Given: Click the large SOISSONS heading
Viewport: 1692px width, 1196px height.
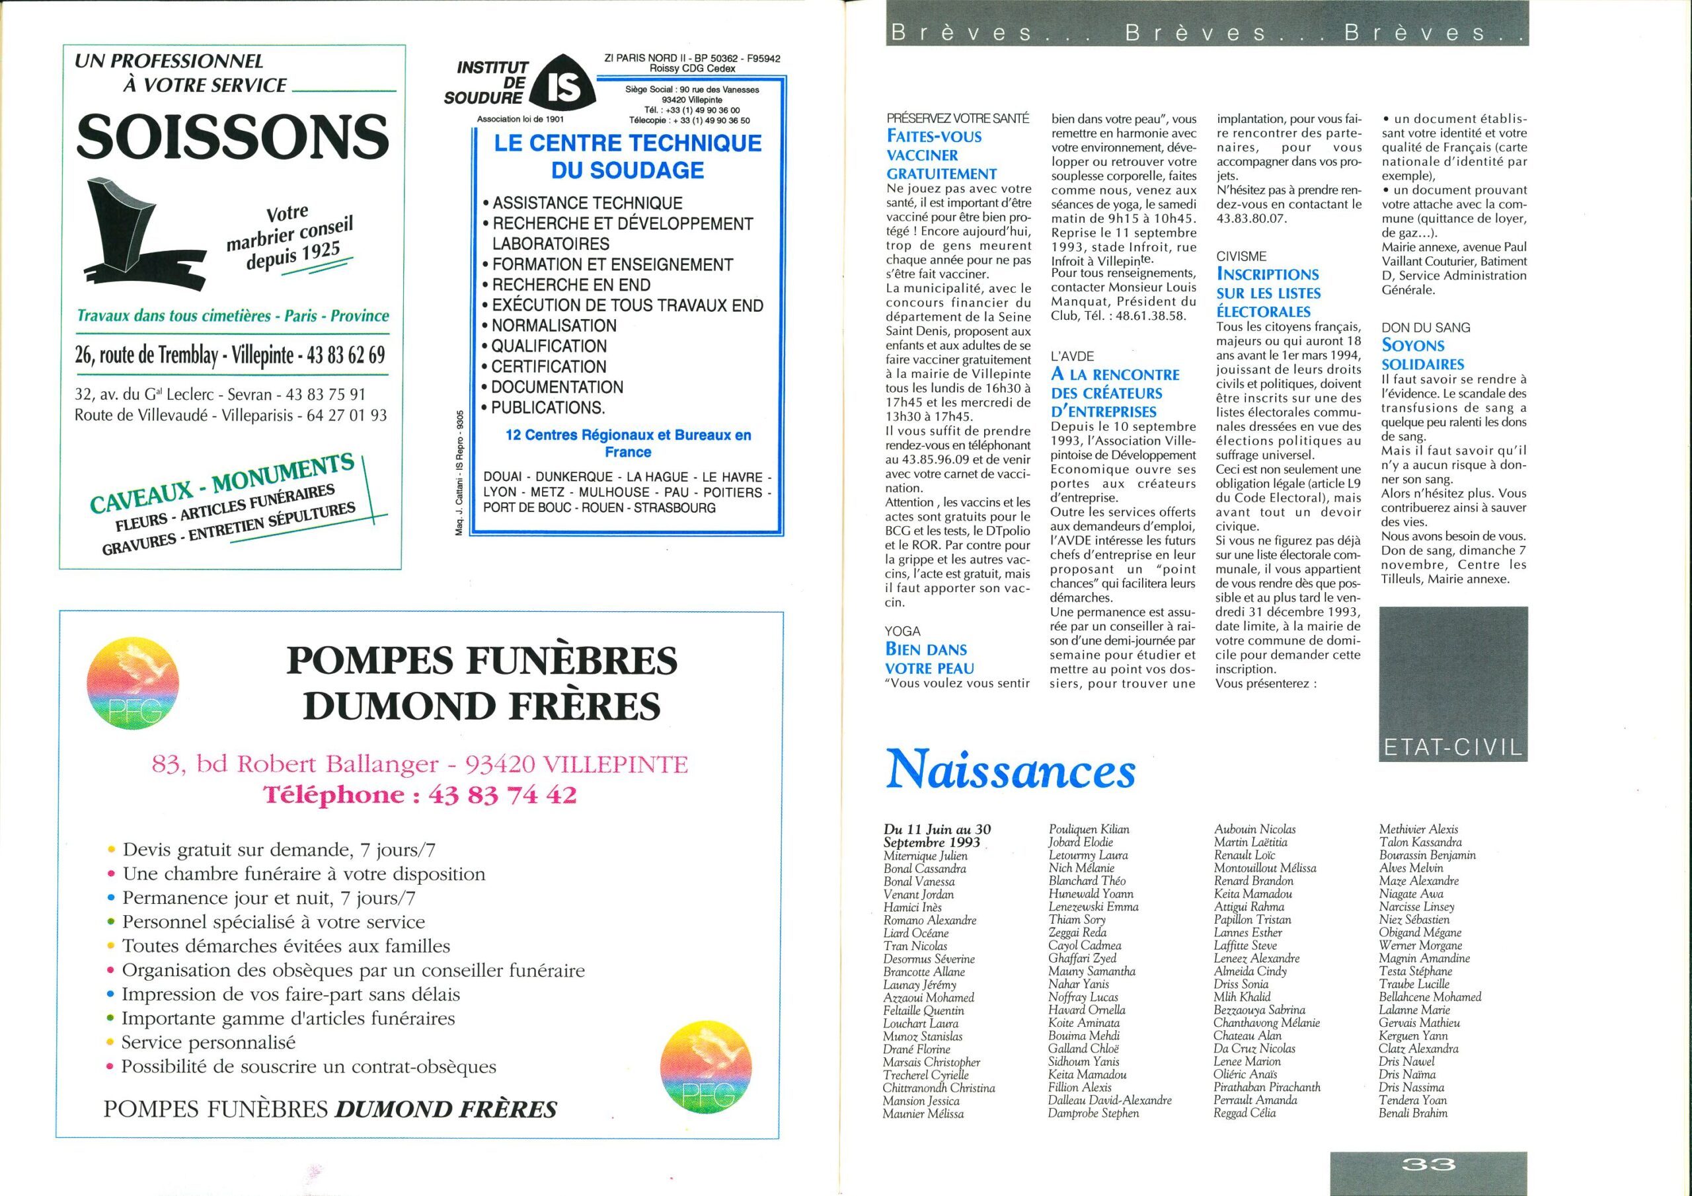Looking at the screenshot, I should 232,136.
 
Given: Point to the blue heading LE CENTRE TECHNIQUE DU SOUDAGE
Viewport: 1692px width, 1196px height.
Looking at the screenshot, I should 628,156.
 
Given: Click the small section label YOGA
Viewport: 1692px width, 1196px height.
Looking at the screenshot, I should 903,632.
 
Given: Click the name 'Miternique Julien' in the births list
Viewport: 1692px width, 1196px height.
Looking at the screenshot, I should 925,856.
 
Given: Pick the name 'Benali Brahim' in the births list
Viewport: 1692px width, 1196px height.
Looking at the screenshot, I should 1412,1113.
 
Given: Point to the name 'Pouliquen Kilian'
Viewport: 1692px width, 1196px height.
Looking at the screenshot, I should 1089,830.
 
